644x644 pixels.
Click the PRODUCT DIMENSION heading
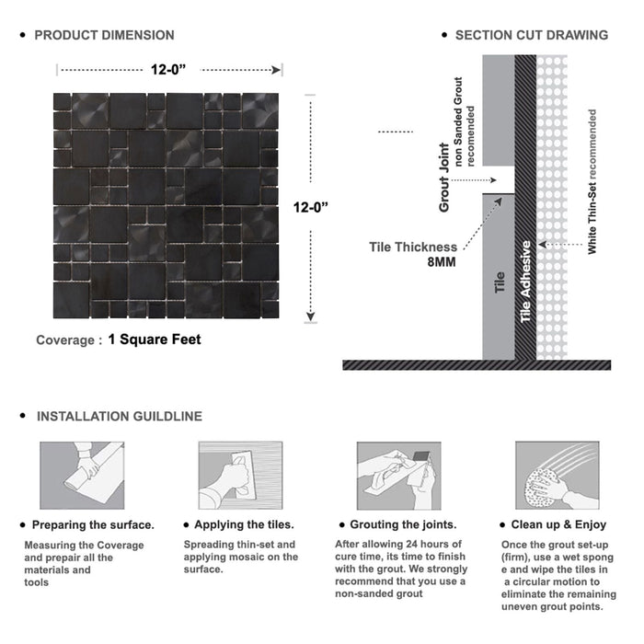tap(104, 35)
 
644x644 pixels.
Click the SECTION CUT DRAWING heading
tap(531, 35)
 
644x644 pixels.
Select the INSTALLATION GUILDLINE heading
tap(119, 416)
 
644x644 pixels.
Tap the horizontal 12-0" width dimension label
tap(170, 69)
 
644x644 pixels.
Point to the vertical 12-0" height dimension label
tap(313, 208)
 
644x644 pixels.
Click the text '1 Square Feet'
tap(155, 339)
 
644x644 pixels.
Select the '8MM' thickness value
tap(440, 262)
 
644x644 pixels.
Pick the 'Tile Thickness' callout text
tap(413, 247)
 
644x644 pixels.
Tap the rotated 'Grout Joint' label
tap(444, 178)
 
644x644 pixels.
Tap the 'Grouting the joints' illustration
tap(397, 475)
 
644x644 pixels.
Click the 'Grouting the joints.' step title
tap(405, 524)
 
